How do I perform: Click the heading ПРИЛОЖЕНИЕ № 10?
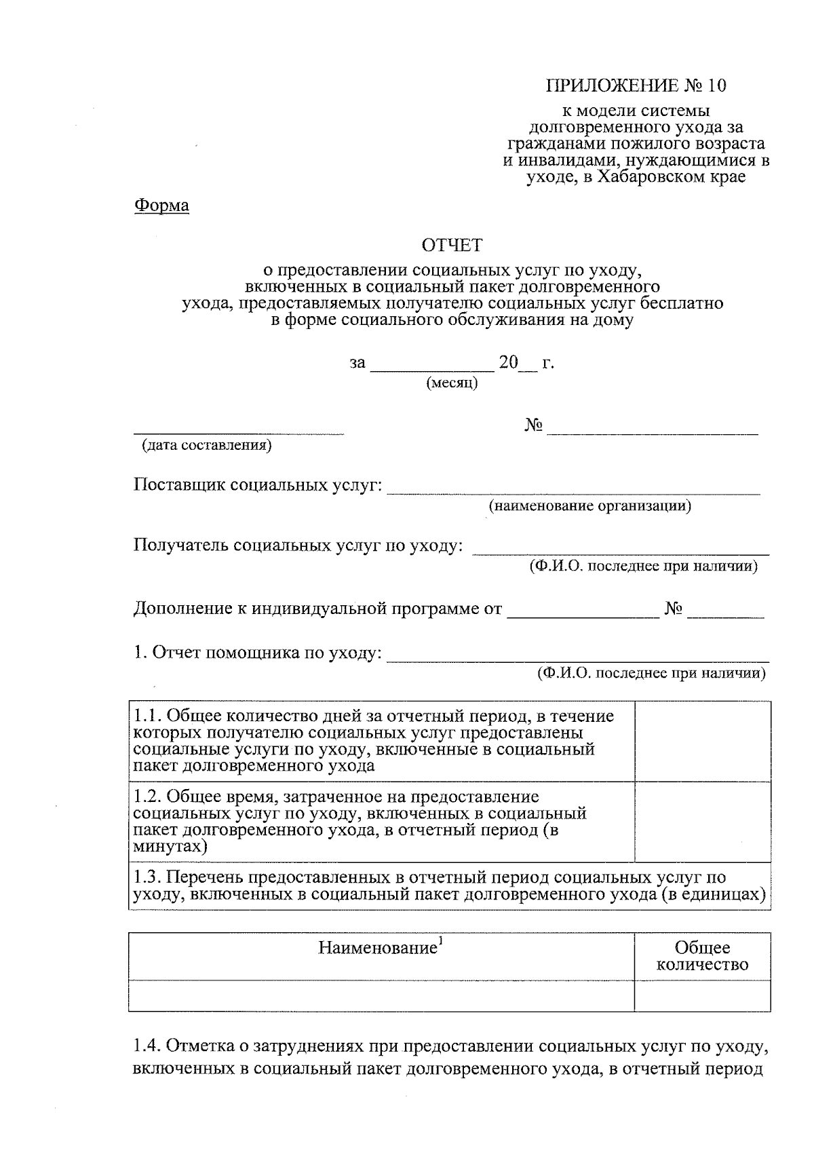[x=636, y=85]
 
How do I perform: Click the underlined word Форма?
[x=161, y=205]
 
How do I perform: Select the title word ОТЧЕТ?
[x=452, y=245]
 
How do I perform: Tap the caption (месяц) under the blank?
[x=452, y=384]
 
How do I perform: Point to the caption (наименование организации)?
[x=590, y=506]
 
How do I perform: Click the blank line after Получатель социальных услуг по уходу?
[x=620, y=551]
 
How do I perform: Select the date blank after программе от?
[x=583, y=614]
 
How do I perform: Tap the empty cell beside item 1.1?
[x=703, y=741]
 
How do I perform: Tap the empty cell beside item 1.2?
[x=703, y=822]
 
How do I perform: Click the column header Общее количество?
[x=703, y=956]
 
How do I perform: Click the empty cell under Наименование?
[x=381, y=995]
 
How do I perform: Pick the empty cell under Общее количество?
[x=703, y=995]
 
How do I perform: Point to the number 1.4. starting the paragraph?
[x=146, y=1047]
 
